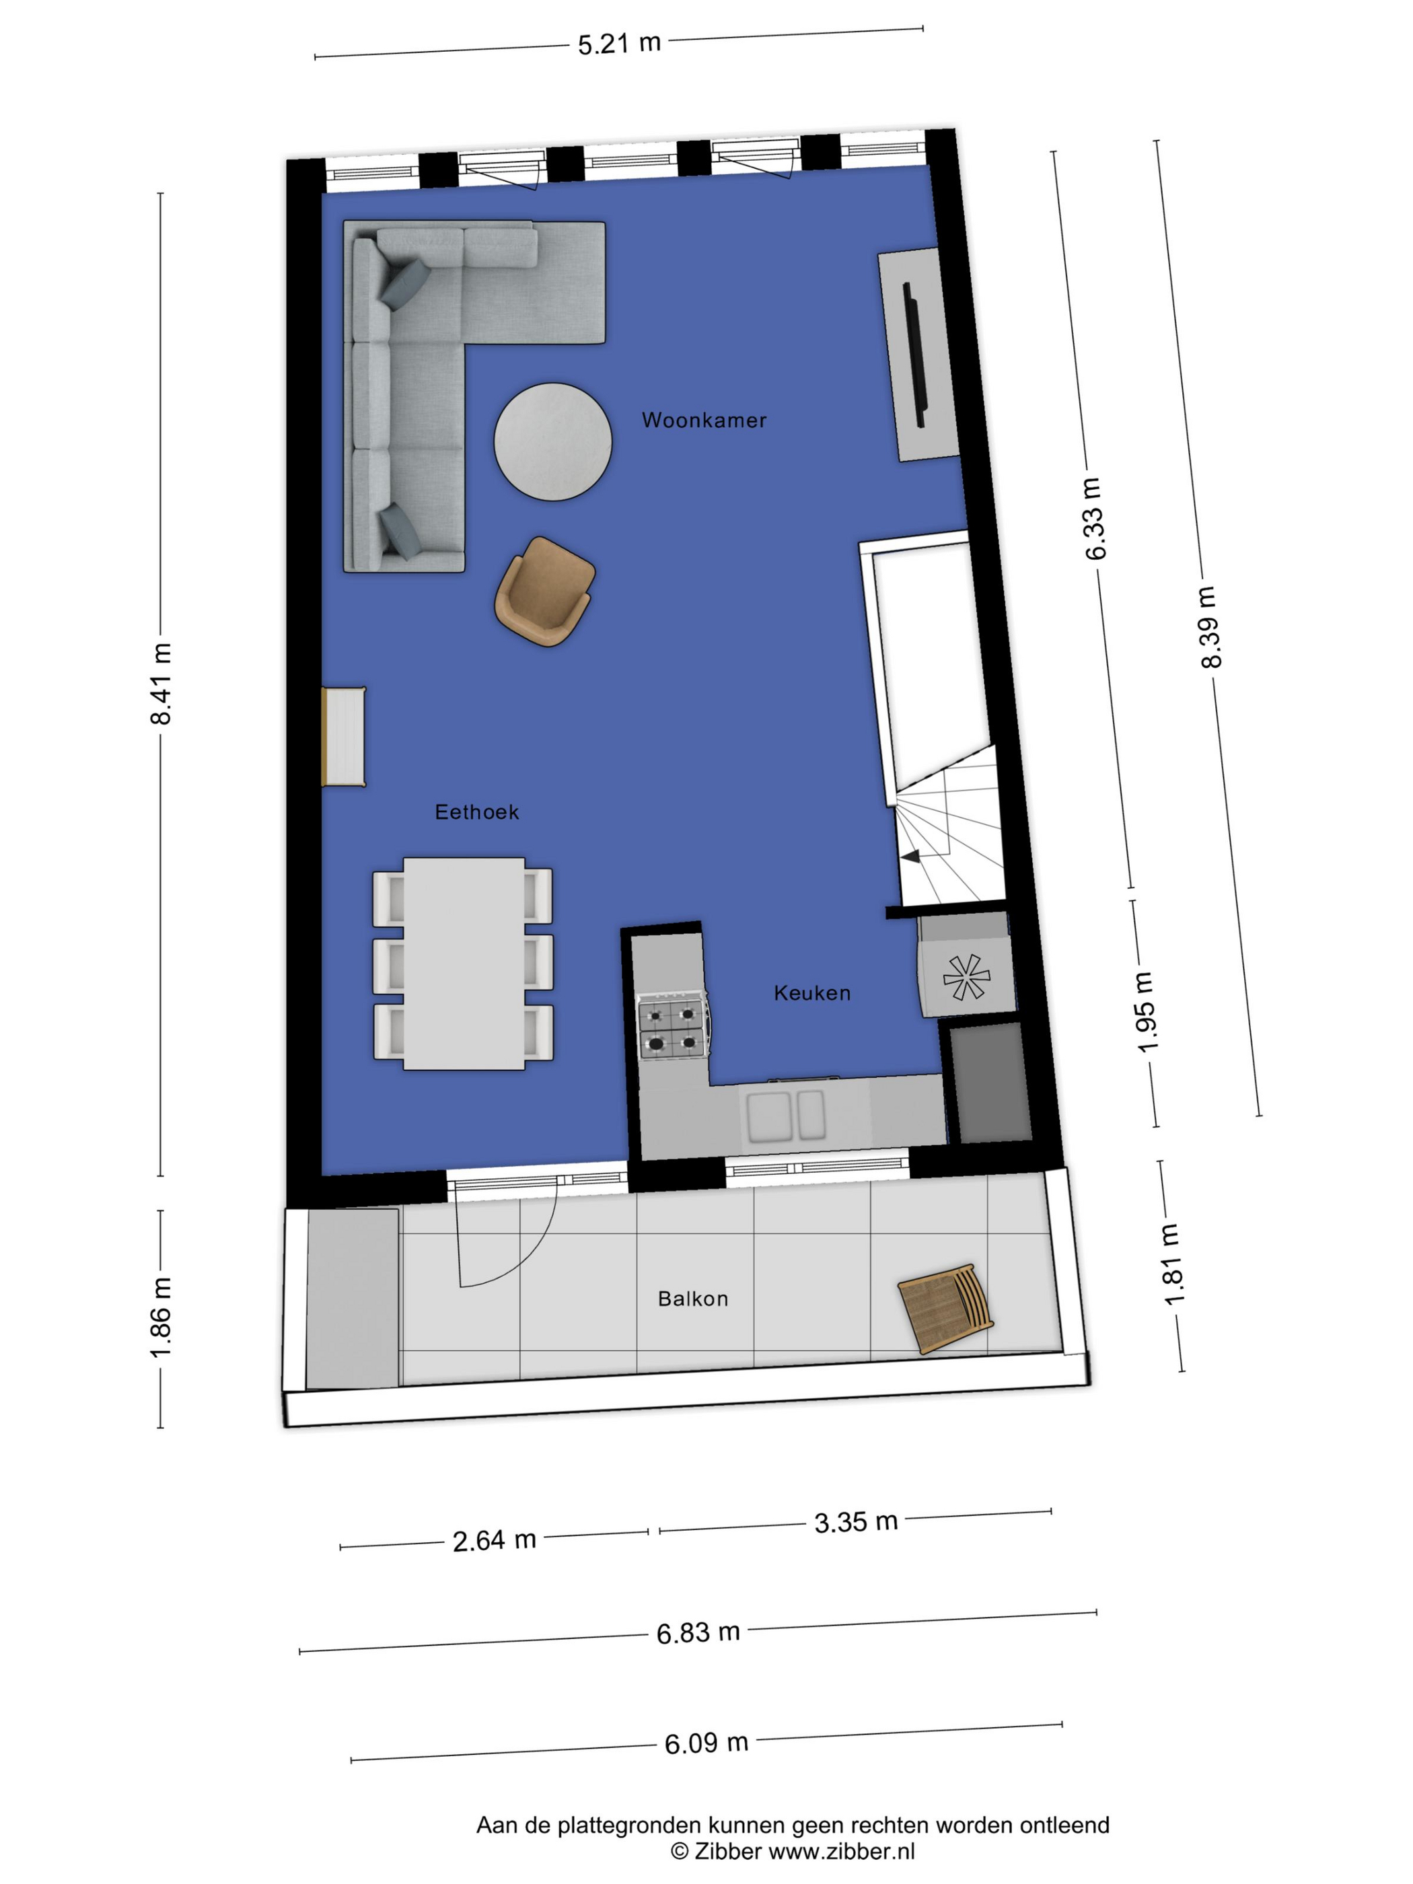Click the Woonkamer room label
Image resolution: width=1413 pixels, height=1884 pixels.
pyautogui.click(x=704, y=420)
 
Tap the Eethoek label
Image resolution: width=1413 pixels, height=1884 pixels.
pyautogui.click(x=476, y=811)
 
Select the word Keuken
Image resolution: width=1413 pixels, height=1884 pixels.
pyautogui.click(x=811, y=992)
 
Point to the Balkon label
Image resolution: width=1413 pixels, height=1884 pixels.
pyautogui.click(x=692, y=1299)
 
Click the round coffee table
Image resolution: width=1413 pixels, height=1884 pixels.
pyautogui.click(x=553, y=441)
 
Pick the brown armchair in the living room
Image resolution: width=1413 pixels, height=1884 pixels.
pyautogui.click(x=544, y=591)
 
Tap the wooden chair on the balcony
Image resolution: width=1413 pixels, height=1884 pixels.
pyautogui.click(x=945, y=1308)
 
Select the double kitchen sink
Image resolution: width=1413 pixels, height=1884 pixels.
pyautogui.click(x=785, y=1116)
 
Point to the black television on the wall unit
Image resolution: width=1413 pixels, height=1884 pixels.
pyautogui.click(x=916, y=355)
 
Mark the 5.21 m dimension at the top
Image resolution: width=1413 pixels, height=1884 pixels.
pyautogui.click(x=619, y=42)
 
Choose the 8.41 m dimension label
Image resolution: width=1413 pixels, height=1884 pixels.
pyautogui.click(x=160, y=684)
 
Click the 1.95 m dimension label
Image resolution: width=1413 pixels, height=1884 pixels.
pyautogui.click(x=1146, y=1012)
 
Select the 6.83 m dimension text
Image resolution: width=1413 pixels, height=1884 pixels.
pyautogui.click(x=698, y=1632)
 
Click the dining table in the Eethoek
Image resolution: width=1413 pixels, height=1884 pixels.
pyautogui.click(x=464, y=964)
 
